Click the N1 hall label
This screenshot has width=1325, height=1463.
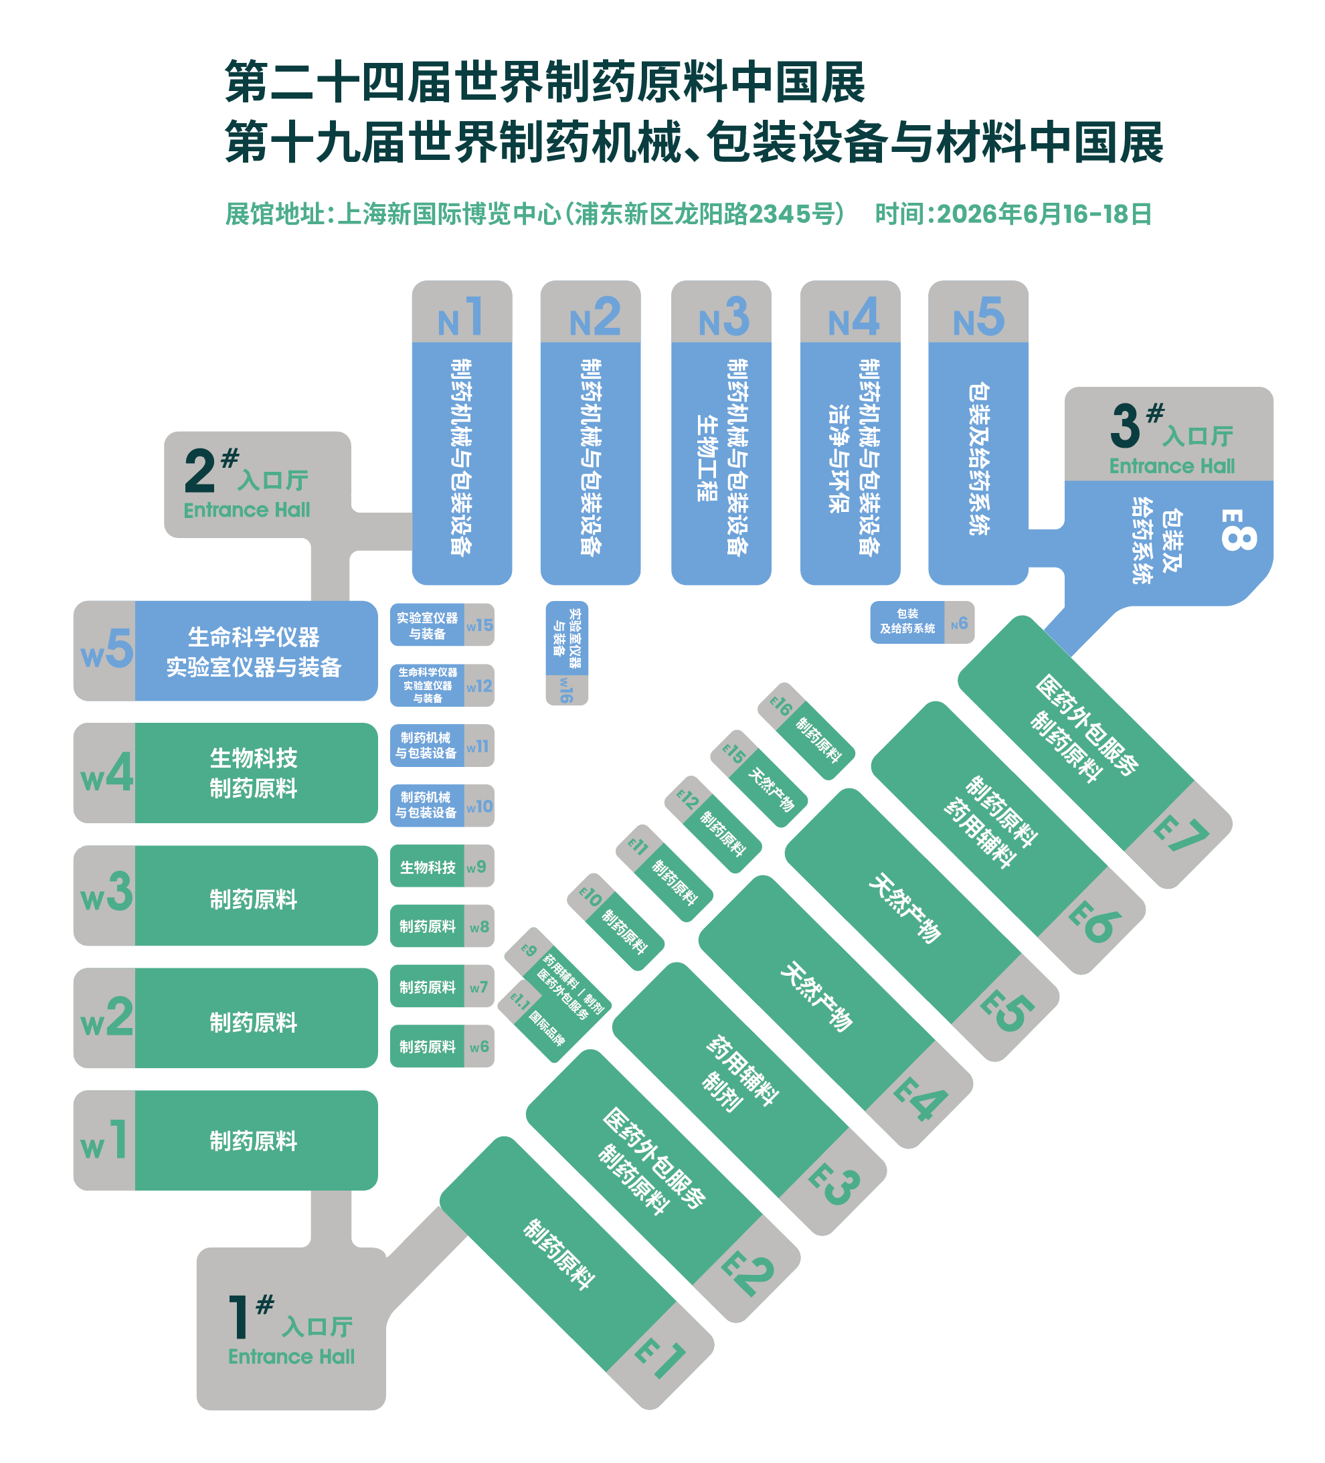[461, 317]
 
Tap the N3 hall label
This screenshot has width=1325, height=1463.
[723, 317]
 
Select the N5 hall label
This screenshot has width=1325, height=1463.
[978, 317]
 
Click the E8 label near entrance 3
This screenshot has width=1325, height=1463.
[1237, 530]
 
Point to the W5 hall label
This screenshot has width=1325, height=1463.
[106, 649]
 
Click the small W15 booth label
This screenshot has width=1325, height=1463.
[479, 625]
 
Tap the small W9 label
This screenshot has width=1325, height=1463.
[476, 867]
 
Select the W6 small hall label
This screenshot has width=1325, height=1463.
[479, 1047]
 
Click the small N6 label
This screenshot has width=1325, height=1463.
[959, 622]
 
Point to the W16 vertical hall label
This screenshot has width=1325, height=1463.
[566, 689]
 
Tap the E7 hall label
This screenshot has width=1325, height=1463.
[1180, 835]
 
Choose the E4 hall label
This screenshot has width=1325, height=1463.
[920, 1098]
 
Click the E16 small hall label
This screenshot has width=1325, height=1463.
[781, 705]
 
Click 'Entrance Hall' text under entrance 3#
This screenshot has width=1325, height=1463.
[1171, 466]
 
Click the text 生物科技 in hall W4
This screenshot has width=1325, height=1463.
[253, 758]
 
